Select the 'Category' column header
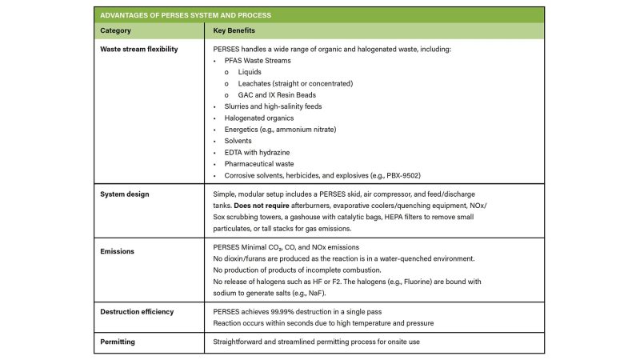(115, 30)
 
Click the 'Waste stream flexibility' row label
(138, 49)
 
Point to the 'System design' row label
(124, 194)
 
